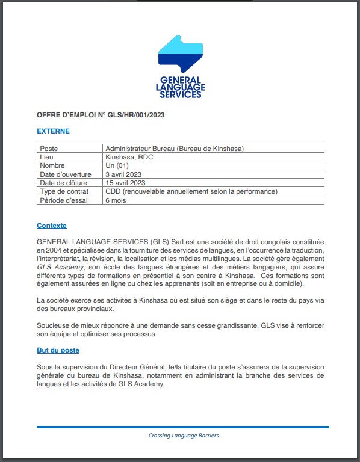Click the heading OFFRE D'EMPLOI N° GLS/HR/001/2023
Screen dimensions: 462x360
[101, 115]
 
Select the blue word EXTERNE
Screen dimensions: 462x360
[53, 131]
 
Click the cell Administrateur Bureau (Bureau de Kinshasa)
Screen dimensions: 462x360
[174, 149]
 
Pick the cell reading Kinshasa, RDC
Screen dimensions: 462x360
[129, 157]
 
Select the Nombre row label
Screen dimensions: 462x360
[53, 165]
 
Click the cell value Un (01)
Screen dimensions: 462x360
[117, 165]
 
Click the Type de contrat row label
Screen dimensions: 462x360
[64, 191]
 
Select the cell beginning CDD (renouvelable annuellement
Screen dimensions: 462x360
[191, 191]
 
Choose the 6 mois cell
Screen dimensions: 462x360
[116, 200]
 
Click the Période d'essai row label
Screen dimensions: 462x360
[63, 200]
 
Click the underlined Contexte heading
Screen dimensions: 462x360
[52, 226]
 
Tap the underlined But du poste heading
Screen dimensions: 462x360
[58, 350]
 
